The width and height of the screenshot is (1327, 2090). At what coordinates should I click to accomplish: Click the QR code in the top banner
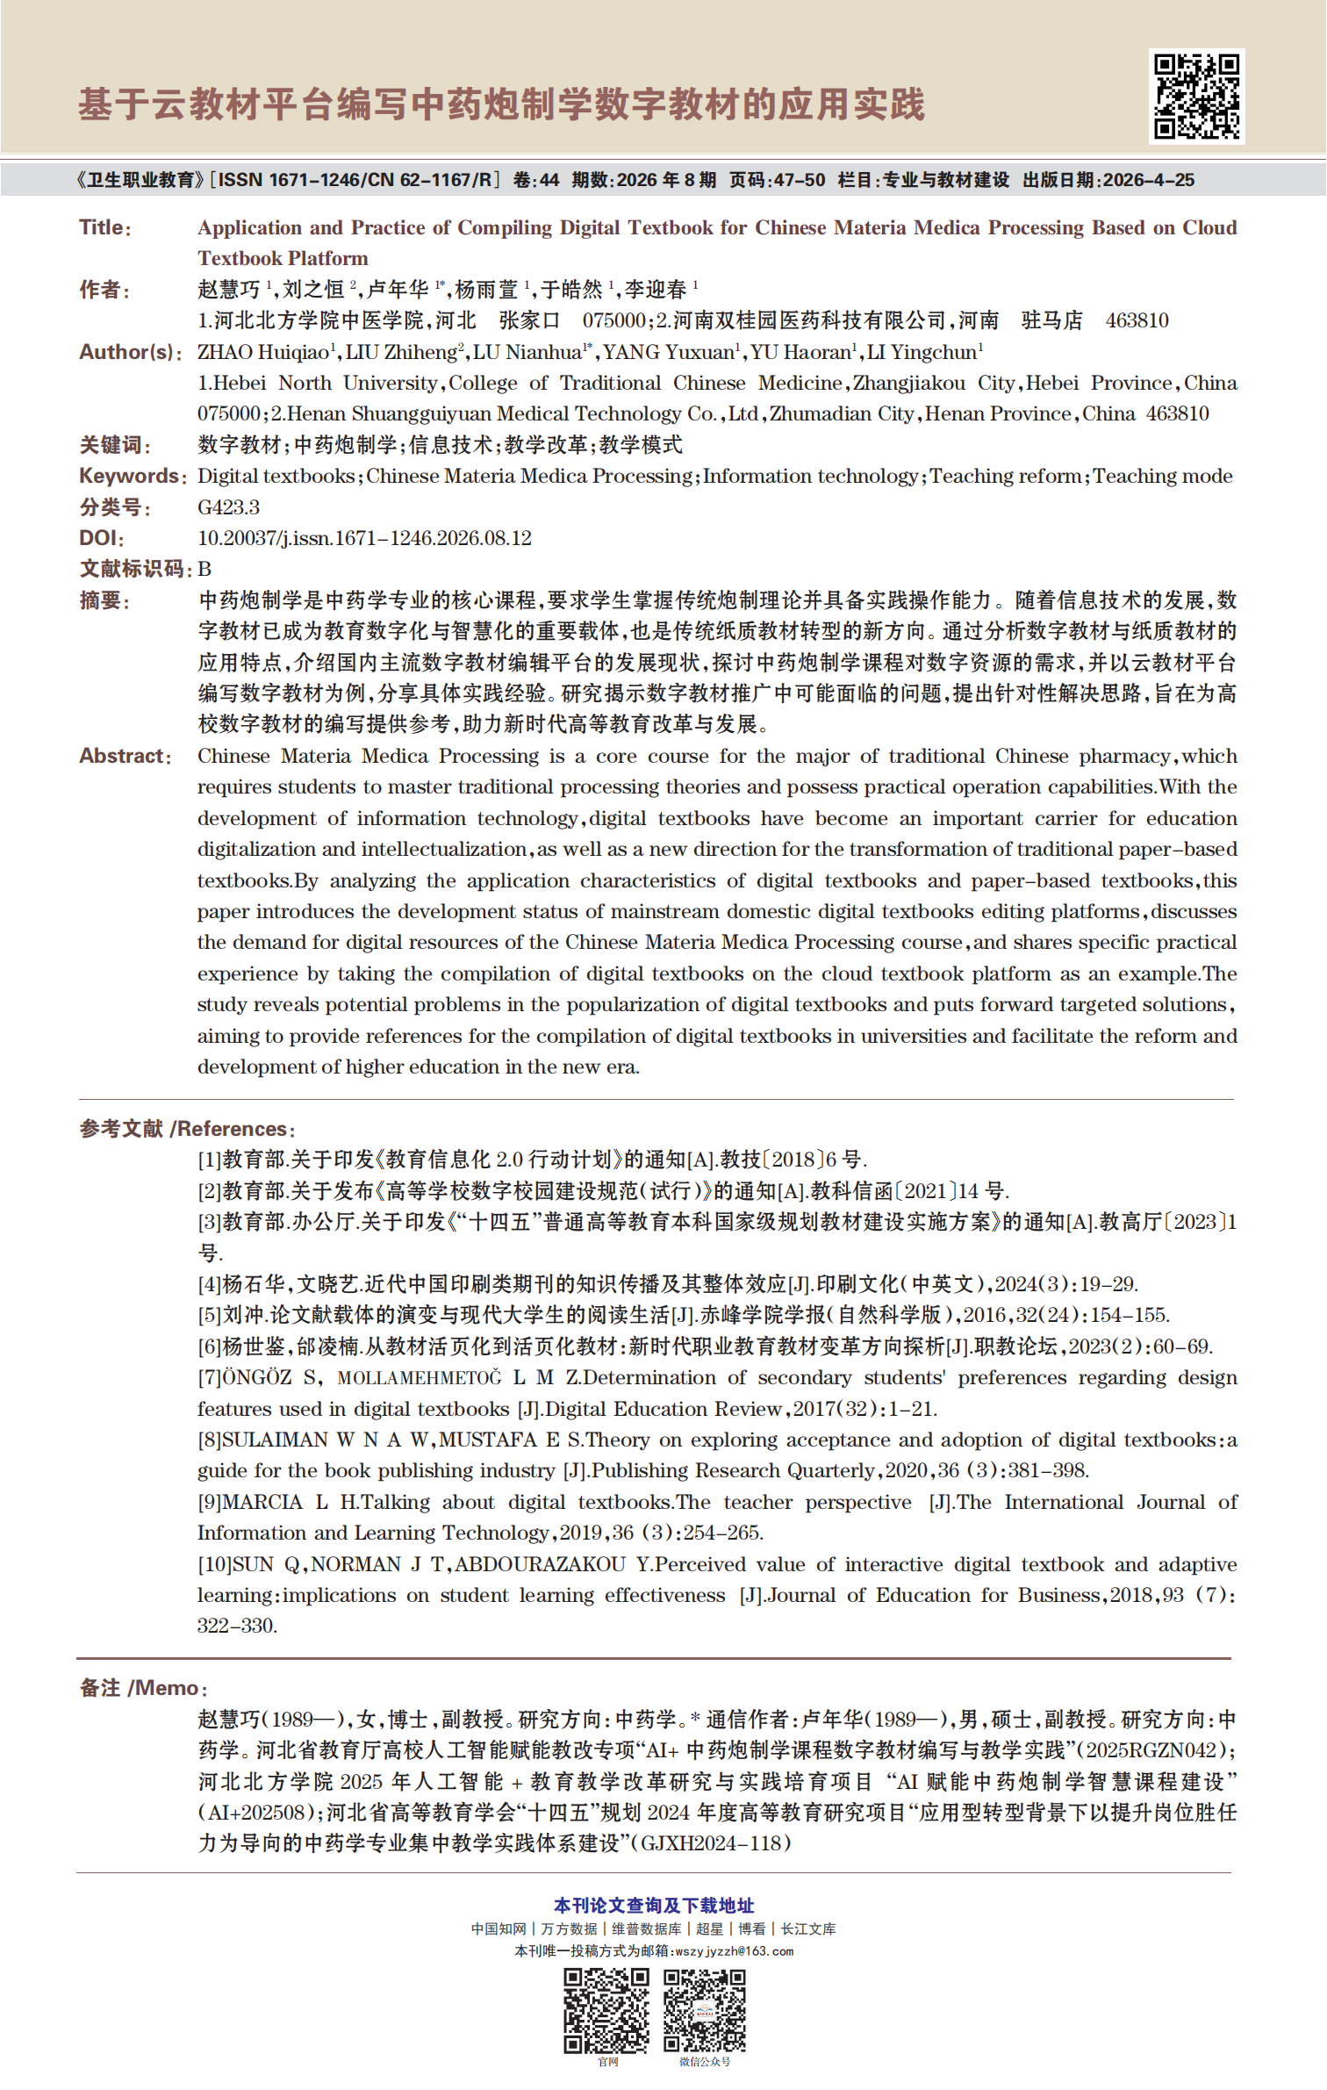pyautogui.click(x=1196, y=97)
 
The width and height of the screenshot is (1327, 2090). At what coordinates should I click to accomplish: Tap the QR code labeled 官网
pyautogui.click(x=606, y=2009)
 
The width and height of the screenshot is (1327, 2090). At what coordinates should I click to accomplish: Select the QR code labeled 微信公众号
pyautogui.click(x=704, y=2009)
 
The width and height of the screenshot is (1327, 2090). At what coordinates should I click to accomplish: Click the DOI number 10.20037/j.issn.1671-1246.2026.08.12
pyautogui.click(x=364, y=538)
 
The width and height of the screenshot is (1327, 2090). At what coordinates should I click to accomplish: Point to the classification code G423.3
pyautogui.click(x=228, y=507)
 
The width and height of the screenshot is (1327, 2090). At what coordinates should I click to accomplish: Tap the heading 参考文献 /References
pyautogui.click(x=187, y=1129)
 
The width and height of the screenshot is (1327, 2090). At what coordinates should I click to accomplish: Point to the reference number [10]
pyautogui.click(x=214, y=1564)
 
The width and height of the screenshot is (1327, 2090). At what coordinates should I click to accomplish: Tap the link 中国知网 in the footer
pyautogui.click(x=498, y=1929)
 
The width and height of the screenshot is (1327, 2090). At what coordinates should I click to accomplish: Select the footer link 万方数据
pyautogui.click(x=569, y=1929)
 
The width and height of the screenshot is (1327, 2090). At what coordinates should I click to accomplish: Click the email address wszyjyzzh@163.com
pyautogui.click(x=734, y=1951)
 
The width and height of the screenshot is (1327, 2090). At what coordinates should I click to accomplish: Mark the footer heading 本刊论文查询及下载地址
pyautogui.click(x=654, y=1906)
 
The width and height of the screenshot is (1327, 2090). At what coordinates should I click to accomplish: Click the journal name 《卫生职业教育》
pyautogui.click(x=140, y=181)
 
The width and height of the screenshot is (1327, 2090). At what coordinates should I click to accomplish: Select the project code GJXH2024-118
pyautogui.click(x=710, y=1843)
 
